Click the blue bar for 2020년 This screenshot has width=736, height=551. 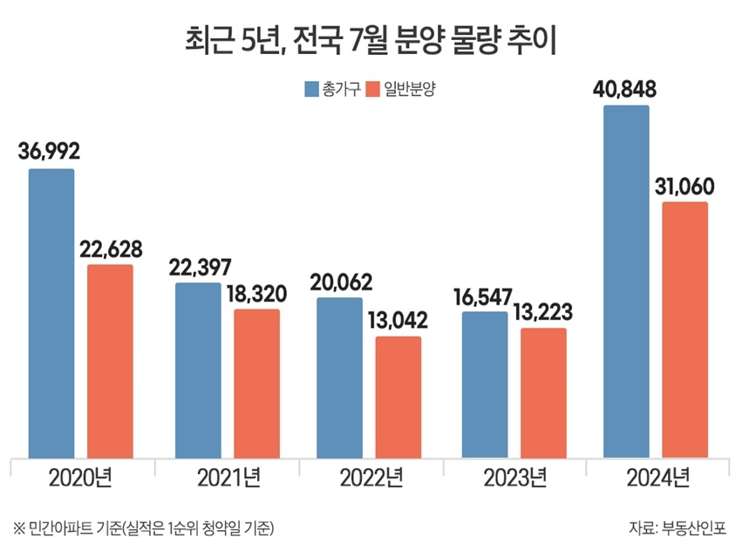51,313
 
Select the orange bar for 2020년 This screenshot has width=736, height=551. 110,361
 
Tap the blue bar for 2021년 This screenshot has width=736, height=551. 198,370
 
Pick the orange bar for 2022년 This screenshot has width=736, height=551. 399,397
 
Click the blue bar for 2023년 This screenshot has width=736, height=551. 484,384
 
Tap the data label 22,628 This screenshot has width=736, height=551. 111,248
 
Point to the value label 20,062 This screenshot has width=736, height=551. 341,282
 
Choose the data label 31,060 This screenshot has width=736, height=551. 685,187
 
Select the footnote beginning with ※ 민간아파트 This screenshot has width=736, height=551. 144,527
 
